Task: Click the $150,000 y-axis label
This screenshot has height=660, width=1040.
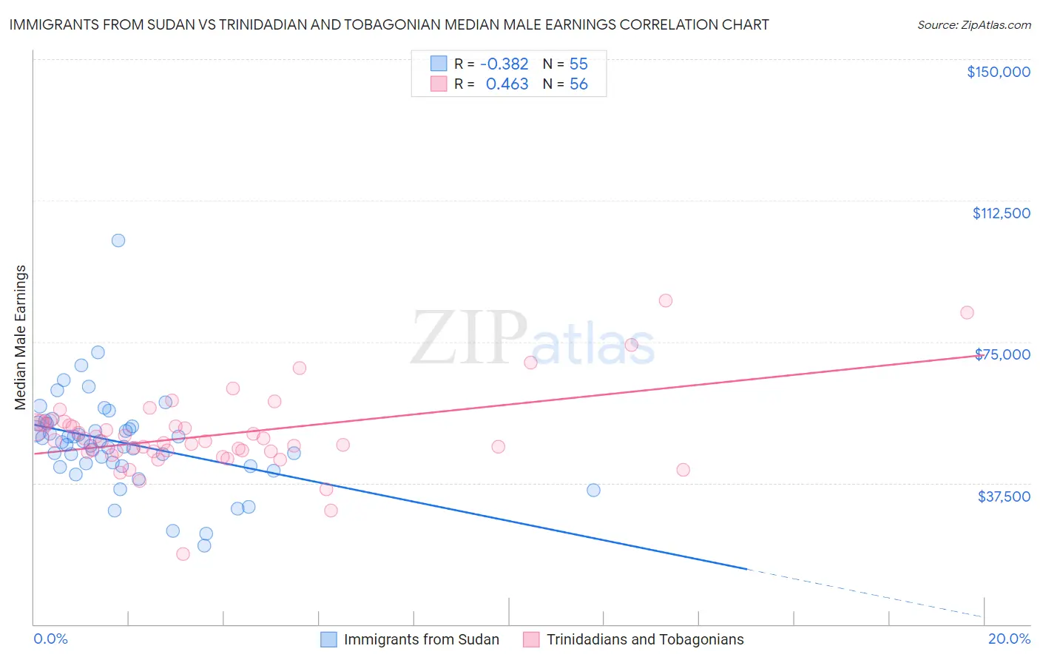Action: point(998,72)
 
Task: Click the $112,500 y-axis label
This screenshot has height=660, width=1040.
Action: point(1001,213)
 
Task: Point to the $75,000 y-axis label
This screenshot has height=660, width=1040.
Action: point(1003,354)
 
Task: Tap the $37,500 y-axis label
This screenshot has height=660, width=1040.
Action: point(1004,496)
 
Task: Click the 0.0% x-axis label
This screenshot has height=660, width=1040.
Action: point(50,639)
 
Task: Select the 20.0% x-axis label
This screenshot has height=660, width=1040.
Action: point(1009,639)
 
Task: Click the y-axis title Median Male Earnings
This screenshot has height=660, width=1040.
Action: point(21,337)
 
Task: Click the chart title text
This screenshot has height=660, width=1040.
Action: point(389,24)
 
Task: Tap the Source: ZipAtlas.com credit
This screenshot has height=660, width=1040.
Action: point(973,24)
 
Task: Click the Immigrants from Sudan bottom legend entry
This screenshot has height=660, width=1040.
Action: point(421,639)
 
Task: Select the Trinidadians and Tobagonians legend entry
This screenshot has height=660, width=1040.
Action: point(645,639)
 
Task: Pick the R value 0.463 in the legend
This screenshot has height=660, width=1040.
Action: point(507,84)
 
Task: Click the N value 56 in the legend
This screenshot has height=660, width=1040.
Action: point(578,84)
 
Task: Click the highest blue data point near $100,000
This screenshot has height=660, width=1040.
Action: point(118,240)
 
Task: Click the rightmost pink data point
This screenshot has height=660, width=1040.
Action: point(967,312)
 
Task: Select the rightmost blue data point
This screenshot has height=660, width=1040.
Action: point(593,490)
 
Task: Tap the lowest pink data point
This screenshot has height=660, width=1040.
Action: point(183,553)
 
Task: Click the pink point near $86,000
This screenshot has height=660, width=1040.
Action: point(666,300)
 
